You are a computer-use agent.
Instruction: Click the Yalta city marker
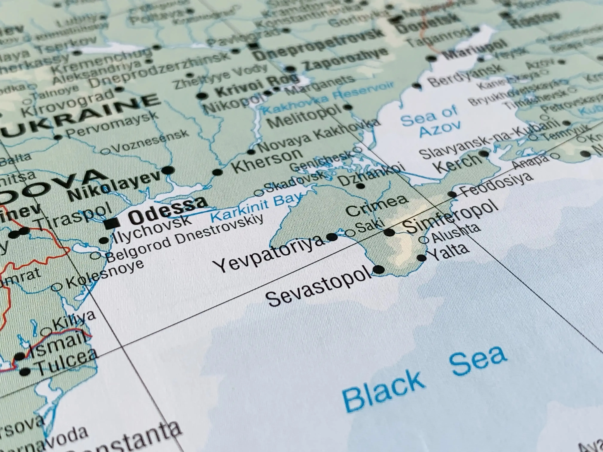[x=421, y=258]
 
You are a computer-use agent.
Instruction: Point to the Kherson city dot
[x=217, y=172]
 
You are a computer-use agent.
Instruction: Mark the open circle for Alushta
[x=423, y=240]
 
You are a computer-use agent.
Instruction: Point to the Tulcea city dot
[x=25, y=371]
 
